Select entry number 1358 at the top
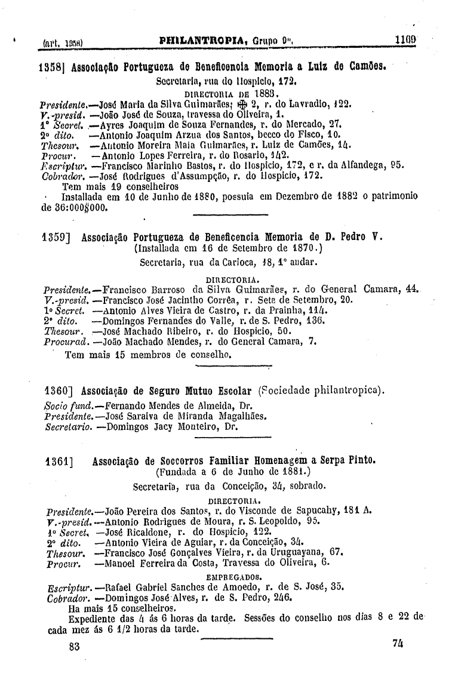[48, 64]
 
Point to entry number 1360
[59, 391]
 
